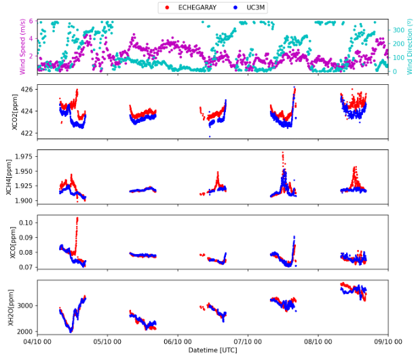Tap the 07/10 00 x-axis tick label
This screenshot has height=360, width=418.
pyautogui.click(x=248, y=342)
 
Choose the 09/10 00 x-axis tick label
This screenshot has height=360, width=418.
pyautogui.click(x=387, y=342)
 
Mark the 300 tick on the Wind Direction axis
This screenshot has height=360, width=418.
pyautogui.click(x=399, y=29)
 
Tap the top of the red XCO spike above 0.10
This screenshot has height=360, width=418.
pyautogui.click(x=77, y=218)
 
